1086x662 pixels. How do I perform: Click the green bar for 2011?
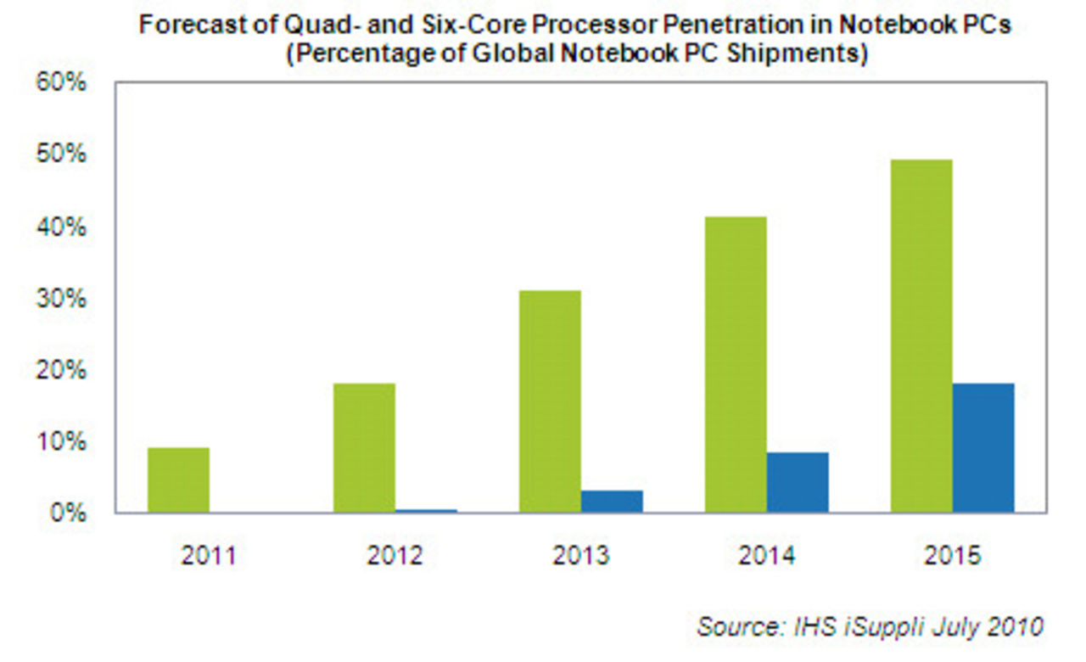pyautogui.click(x=178, y=480)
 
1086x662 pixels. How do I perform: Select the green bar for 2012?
pyautogui.click(x=364, y=448)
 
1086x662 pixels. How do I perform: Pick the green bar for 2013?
pyautogui.click(x=550, y=401)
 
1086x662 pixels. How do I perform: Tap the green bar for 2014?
pyautogui.click(x=736, y=365)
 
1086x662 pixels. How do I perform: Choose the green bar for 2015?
pyautogui.click(x=921, y=336)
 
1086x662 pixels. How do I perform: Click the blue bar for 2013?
pyautogui.click(x=612, y=502)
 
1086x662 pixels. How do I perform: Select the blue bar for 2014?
pyautogui.click(x=798, y=482)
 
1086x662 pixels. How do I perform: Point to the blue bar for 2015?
pyautogui.click(x=983, y=448)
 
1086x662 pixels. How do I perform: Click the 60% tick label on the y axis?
pyautogui.click(x=59, y=84)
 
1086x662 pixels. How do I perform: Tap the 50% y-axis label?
pyautogui.click(x=59, y=155)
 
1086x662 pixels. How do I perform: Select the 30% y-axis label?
pyautogui.click(x=59, y=299)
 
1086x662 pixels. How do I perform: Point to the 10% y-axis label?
pyautogui.click(x=59, y=441)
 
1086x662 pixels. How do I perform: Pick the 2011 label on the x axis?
pyautogui.click(x=208, y=556)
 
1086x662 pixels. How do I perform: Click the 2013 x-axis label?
pyautogui.click(x=580, y=556)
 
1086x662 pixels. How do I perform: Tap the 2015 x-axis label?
pyautogui.click(x=952, y=556)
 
